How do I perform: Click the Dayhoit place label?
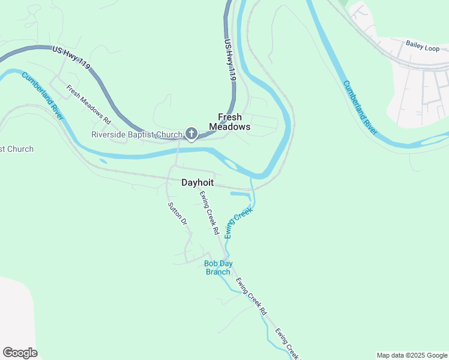197,182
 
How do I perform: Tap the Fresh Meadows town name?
229,122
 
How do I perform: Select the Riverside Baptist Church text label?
136,134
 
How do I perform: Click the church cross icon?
191,134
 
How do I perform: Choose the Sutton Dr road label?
177,214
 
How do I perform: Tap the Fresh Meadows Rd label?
89,104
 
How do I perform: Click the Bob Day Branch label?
217,268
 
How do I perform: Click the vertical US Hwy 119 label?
230,60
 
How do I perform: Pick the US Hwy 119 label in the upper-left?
71,58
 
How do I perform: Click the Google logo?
20,353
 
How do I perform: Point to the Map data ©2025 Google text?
412,355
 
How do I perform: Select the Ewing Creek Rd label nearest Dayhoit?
209,212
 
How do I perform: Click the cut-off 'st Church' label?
17,149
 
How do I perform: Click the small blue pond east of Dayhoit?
240,194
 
